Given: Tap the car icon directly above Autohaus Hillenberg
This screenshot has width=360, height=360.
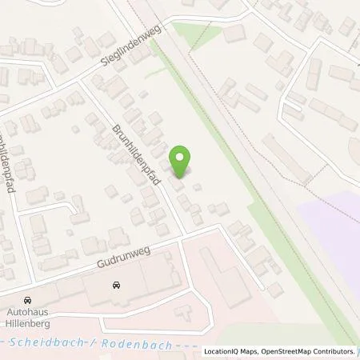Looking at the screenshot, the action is coord(28,292).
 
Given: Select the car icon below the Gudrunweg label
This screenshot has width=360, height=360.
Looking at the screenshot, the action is coord(117,284).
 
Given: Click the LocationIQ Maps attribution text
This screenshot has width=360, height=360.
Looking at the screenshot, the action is coord(232,352).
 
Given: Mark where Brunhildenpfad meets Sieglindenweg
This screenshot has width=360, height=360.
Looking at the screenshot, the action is coord(83,82).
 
